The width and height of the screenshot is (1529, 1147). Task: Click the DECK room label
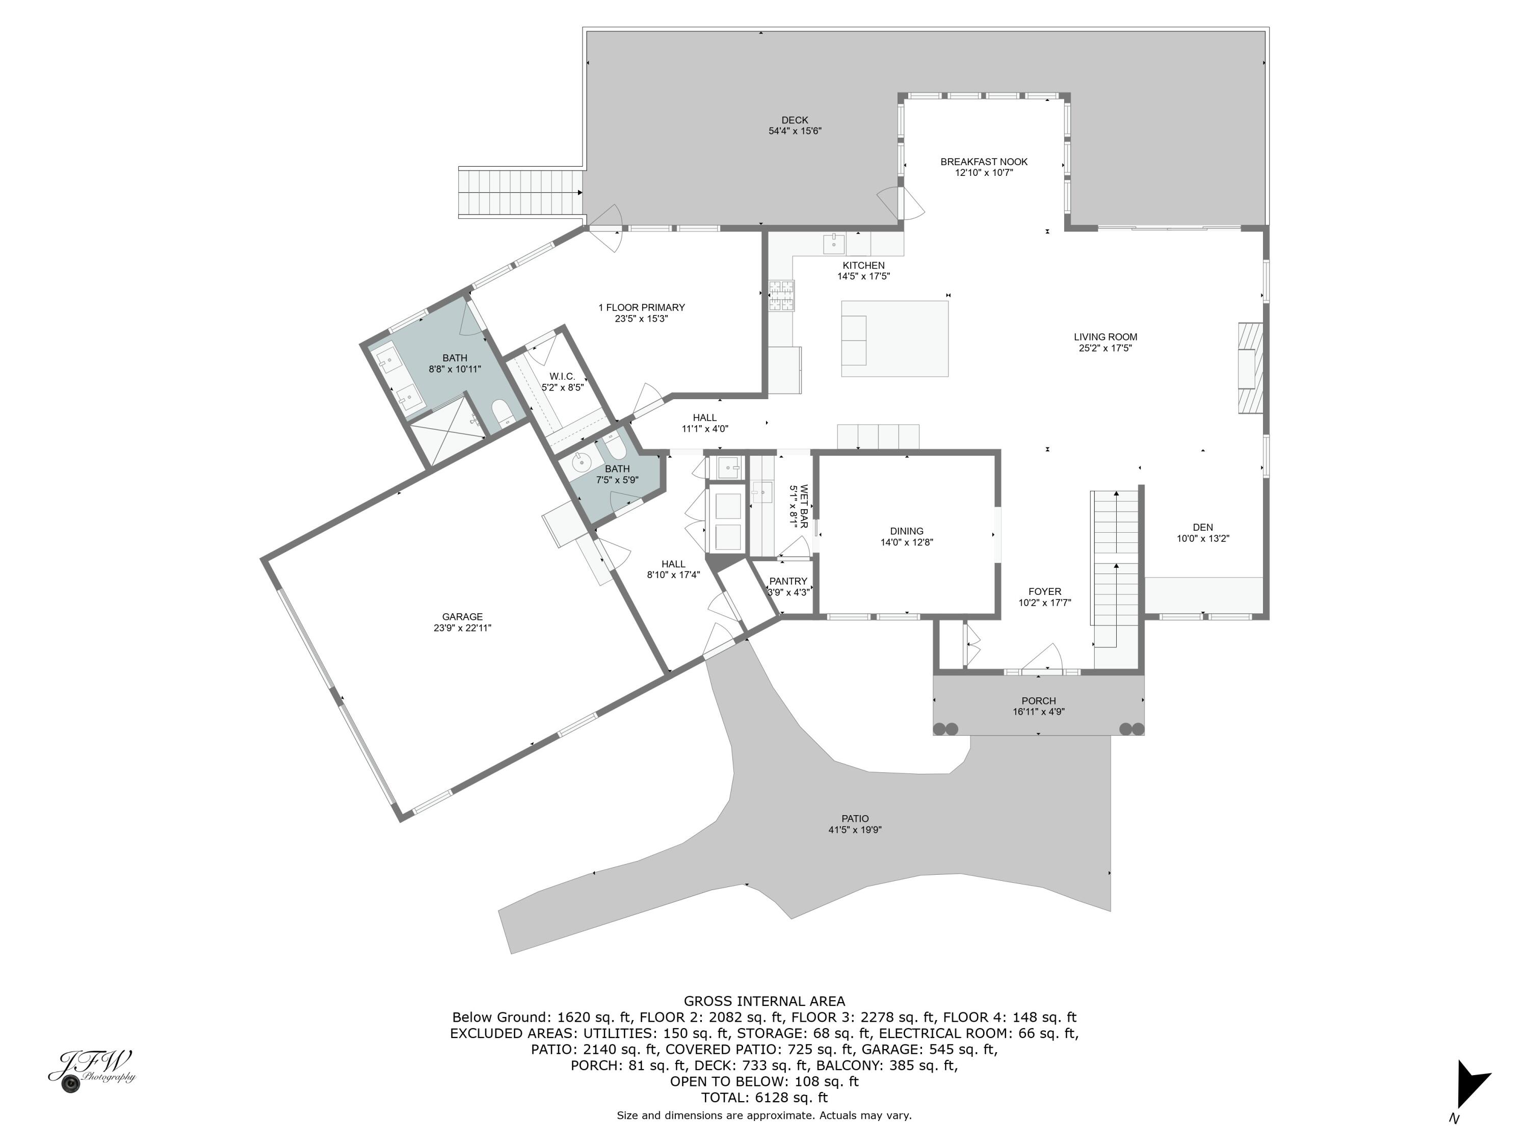pos(795,120)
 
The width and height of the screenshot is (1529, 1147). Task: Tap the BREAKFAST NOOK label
pos(984,162)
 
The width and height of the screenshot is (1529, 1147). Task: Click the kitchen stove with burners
pos(782,296)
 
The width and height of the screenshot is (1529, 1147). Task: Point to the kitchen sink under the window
pos(834,244)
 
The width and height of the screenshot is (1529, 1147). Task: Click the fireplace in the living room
pos(1250,369)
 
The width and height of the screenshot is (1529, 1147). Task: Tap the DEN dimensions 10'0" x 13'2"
pos(1203,539)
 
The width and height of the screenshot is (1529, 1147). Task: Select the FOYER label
pos(1044,591)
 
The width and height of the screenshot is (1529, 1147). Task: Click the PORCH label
pos(1038,700)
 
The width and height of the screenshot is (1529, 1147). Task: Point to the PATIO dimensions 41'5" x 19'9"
pos(855,829)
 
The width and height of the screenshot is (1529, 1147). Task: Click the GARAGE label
pos(462,617)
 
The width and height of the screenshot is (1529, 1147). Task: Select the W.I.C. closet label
pos(562,376)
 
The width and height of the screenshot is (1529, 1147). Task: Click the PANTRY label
pos(788,582)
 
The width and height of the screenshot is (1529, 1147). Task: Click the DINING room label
pos(906,531)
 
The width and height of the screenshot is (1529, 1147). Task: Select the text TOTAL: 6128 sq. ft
pos(764,1097)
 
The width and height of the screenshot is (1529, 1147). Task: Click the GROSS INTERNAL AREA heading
pos(764,1001)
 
